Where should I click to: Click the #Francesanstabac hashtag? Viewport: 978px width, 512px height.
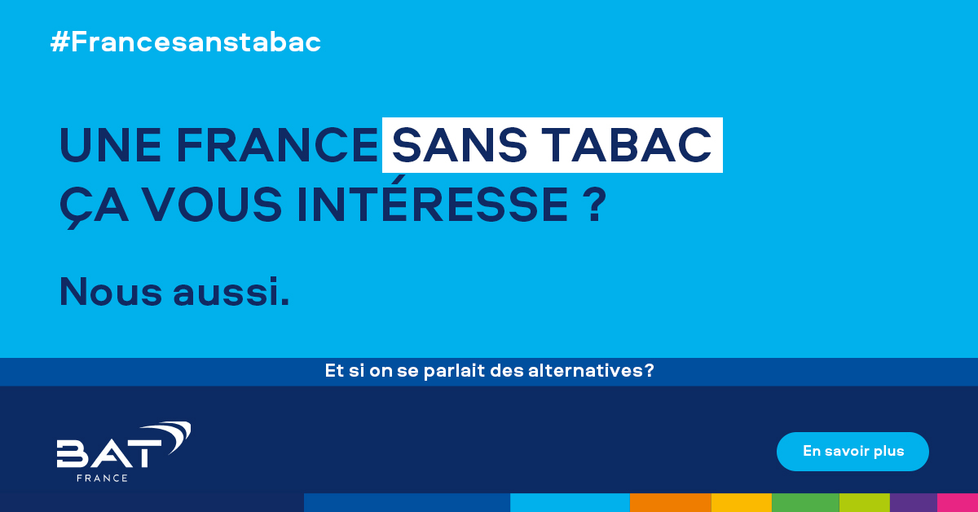(186, 42)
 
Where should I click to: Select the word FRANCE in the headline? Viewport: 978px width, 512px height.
(277, 146)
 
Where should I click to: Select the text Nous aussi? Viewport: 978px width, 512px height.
(174, 291)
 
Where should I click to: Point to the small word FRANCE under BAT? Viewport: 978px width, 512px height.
(102, 478)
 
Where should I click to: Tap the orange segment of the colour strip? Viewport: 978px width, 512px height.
(670, 502)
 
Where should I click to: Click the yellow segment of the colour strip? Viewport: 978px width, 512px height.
(741, 502)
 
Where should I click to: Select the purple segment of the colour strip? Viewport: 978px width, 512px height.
(913, 502)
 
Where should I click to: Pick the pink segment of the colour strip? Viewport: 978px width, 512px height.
(958, 502)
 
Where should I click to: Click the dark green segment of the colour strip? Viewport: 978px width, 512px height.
(805, 502)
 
